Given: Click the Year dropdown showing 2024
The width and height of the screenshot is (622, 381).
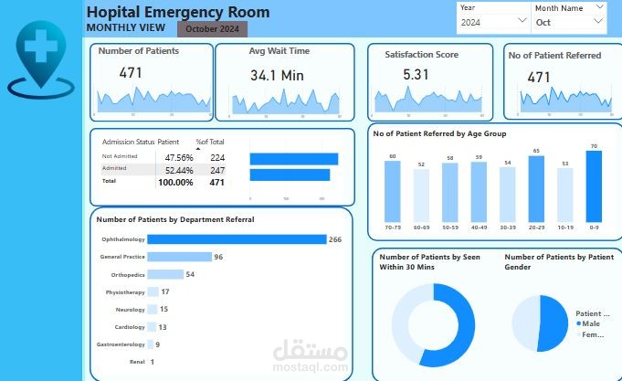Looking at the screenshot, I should pyautogui.click(x=494, y=21).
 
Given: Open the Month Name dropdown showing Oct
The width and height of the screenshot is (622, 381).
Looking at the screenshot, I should pyautogui.click(x=569, y=21).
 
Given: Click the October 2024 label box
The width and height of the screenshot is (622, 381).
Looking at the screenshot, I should pyautogui.click(x=212, y=29).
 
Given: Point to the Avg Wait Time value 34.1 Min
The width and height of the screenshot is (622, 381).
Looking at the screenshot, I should pyautogui.click(x=276, y=75).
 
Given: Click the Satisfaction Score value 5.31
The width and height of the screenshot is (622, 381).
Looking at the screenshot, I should pyautogui.click(x=416, y=75).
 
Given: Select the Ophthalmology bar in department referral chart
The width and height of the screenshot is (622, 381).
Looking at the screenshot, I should pyautogui.click(x=237, y=239).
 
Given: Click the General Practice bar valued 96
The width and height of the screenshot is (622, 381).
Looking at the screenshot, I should pyautogui.click(x=179, y=257).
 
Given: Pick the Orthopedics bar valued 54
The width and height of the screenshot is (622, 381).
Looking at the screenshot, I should pyautogui.click(x=164, y=274).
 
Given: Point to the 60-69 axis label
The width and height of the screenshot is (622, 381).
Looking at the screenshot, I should pyautogui.click(x=420, y=227).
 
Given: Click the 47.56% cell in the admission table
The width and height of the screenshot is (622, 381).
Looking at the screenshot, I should pyautogui.click(x=179, y=157).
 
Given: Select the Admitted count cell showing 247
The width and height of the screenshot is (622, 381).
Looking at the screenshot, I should pyautogui.click(x=216, y=170).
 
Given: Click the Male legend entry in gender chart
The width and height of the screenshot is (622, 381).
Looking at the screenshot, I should pyautogui.click(x=589, y=323).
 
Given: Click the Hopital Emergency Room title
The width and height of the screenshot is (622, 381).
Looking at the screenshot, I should pyautogui.click(x=177, y=12).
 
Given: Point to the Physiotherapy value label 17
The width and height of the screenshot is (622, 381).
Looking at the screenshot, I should pyautogui.click(x=164, y=291).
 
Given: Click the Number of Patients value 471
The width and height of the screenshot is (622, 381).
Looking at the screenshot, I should pyautogui.click(x=131, y=72).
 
